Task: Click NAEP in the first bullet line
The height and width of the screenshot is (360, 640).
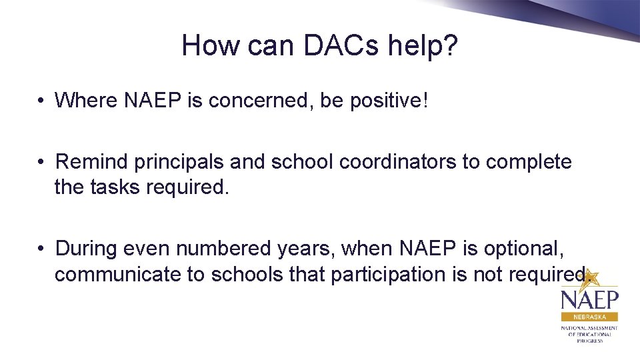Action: click(154, 101)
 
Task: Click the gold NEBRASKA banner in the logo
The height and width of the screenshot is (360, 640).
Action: click(589, 317)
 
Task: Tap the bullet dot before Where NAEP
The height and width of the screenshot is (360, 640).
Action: click(41, 101)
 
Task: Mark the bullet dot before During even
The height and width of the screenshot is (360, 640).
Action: click(41, 249)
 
